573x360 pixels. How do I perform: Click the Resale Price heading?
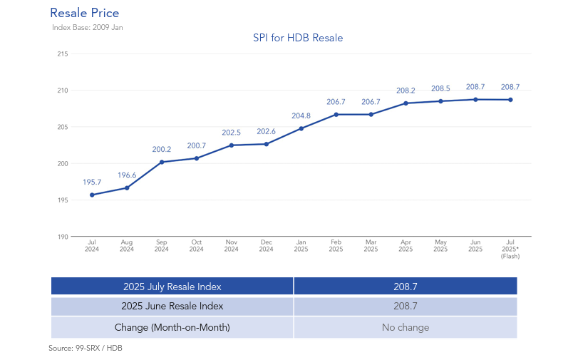pyautogui.click(x=84, y=13)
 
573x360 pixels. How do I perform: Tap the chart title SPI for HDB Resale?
pyautogui.click(x=298, y=38)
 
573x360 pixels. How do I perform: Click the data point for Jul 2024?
pyautogui.click(x=92, y=195)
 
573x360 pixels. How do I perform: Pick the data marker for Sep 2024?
pyautogui.click(x=162, y=162)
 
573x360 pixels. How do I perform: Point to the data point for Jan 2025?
pyautogui.click(x=301, y=128)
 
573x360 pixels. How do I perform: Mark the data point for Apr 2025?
pyautogui.click(x=406, y=103)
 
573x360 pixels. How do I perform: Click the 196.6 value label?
pyautogui.click(x=127, y=175)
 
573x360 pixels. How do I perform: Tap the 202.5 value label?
pyautogui.click(x=232, y=133)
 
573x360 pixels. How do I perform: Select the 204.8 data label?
pyautogui.click(x=301, y=115)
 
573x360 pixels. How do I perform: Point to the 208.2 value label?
pyautogui.click(x=406, y=91)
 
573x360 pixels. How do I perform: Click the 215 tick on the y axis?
pyautogui.click(x=63, y=54)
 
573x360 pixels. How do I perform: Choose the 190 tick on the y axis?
pyautogui.click(x=63, y=237)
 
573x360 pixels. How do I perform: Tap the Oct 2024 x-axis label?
pyautogui.click(x=197, y=246)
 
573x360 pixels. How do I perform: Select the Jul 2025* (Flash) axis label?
pyautogui.click(x=510, y=250)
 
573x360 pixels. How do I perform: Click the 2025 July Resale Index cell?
pyautogui.click(x=172, y=287)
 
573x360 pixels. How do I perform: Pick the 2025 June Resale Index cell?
pyautogui.click(x=172, y=307)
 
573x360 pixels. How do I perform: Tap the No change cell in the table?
pyautogui.click(x=405, y=328)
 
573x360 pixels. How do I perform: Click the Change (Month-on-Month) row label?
pyautogui.click(x=172, y=328)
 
